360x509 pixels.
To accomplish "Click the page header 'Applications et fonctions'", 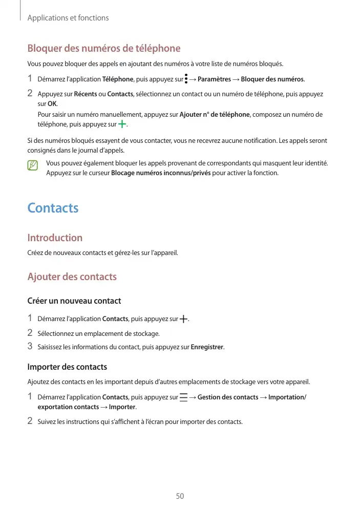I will pyautogui.click(x=68, y=18).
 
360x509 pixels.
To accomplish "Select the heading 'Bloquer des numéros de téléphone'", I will pyautogui.click(x=103, y=49).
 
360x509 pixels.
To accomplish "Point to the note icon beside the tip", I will pyautogui.click(x=33, y=165).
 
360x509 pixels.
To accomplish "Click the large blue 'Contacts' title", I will pyautogui.click(x=53, y=208).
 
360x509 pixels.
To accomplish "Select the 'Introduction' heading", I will pyautogui.click(x=55, y=238).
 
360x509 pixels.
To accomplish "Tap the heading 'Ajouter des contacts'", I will pyautogui.click(x=72, y=277).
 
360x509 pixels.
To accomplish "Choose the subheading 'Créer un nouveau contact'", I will pyautogui.click(x=74, y=301).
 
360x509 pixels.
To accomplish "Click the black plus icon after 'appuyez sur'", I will pyautogui.click(x=183, y=319).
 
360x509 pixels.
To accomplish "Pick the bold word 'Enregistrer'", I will pyautogui.click(x=207, y=347).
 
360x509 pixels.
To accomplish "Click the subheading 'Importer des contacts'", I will pyautogui.click(x=67, y=367).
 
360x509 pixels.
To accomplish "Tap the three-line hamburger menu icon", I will pyautogui.click(x=183, y=397).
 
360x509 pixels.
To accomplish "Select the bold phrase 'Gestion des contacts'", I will pyautogui.click(x=228, y=397).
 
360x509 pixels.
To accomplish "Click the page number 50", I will pyautogui.click(x=180, y=496).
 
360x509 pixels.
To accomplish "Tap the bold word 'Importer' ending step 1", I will pyautogui.click(x=122, y=407).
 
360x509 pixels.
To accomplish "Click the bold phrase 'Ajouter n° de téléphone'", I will pyautogui.click(x=215, y=115).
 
